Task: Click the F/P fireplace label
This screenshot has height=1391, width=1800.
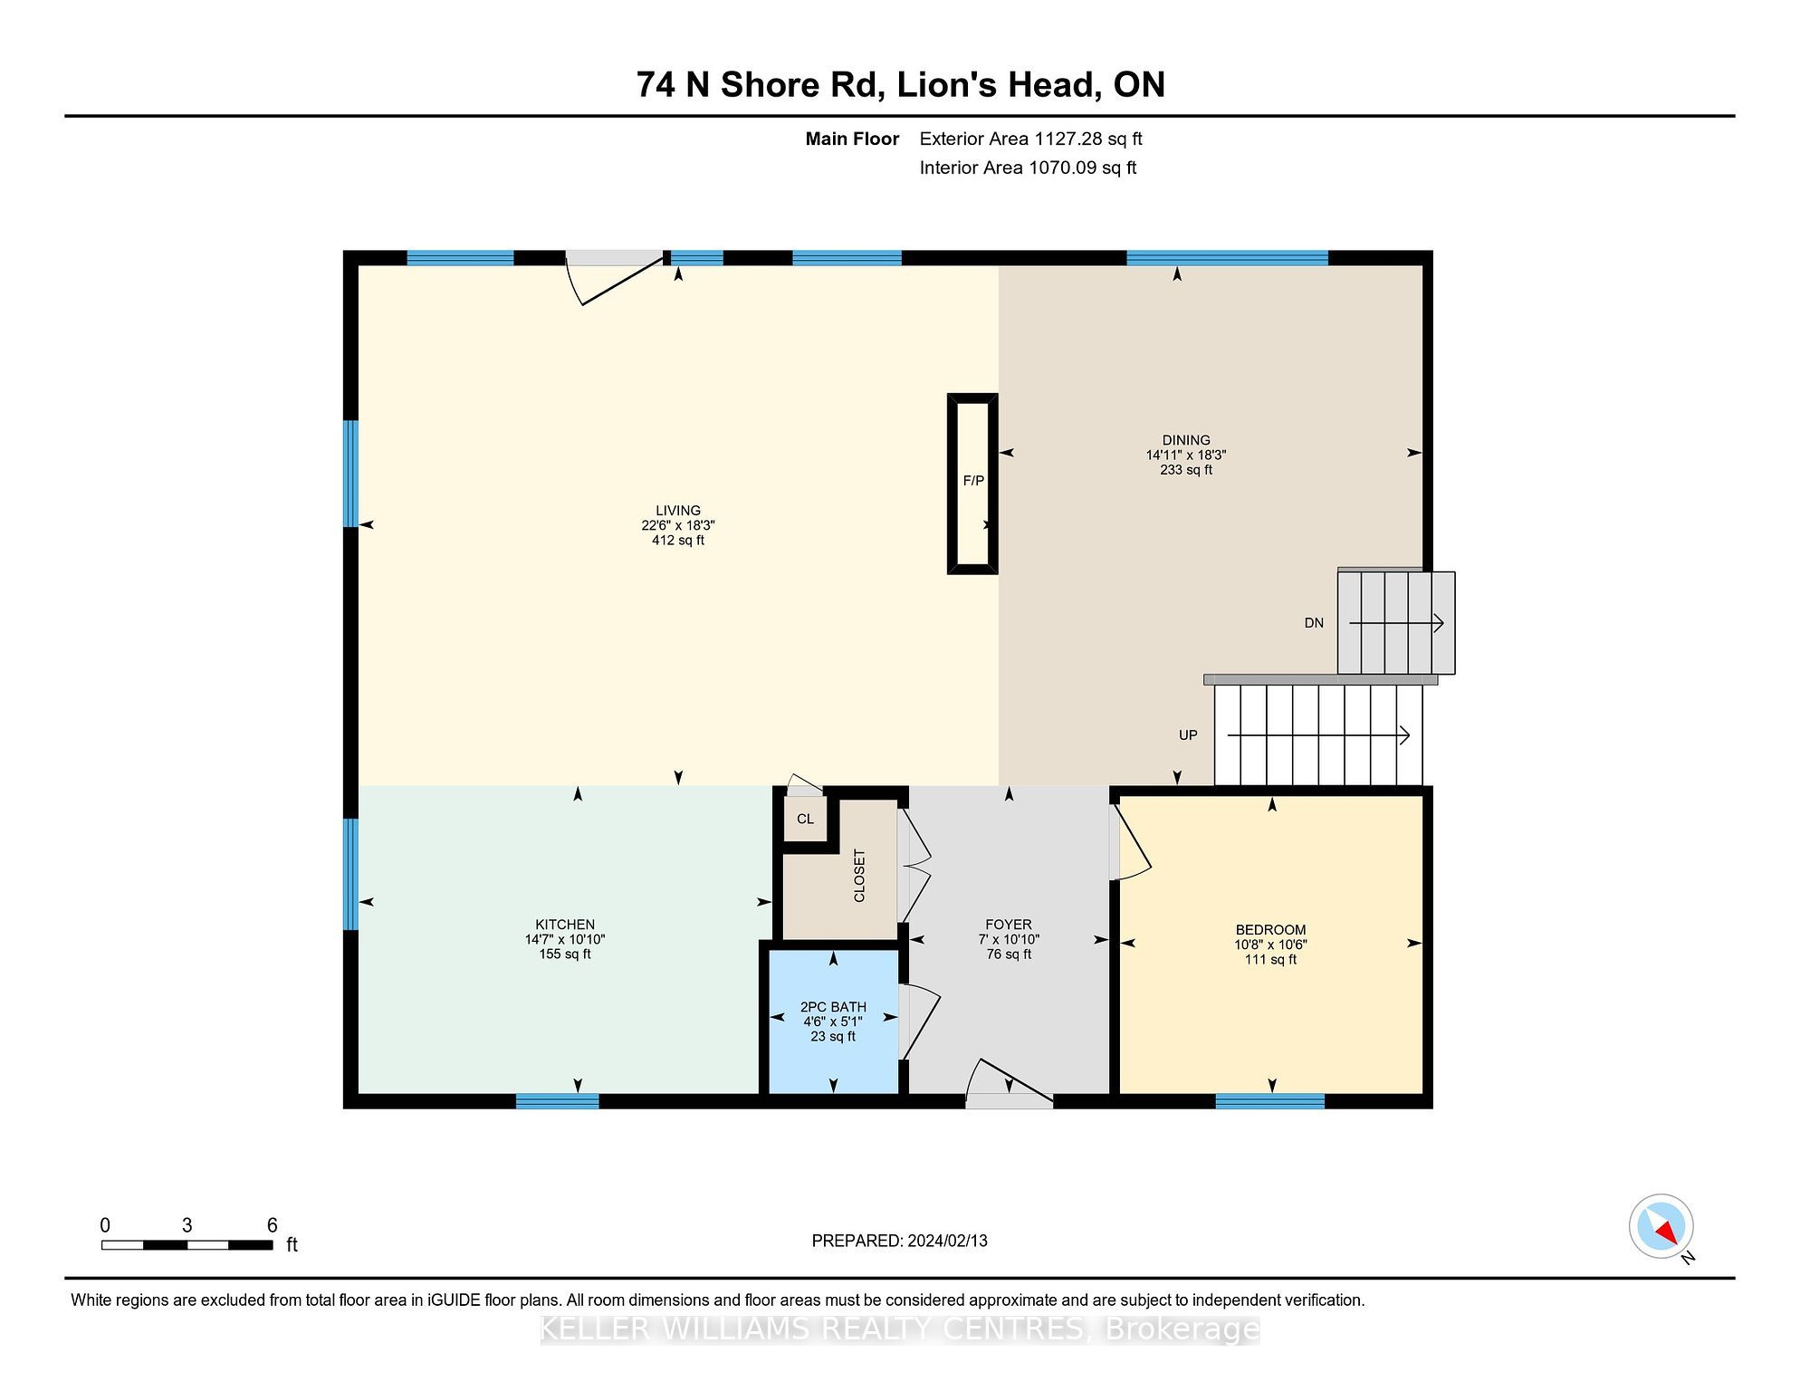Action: (973, 481)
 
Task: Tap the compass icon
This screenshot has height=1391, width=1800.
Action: (1661, 1227)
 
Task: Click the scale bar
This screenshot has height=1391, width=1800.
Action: (187, 1245)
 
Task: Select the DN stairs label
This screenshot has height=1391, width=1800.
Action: (1314, 623)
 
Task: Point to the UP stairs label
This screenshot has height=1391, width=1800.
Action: (1188, 735)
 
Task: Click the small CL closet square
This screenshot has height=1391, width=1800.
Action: (805, 820)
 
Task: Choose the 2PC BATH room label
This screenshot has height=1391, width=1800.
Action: (833, 1007)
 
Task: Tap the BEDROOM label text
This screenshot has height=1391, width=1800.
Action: (1271, 930)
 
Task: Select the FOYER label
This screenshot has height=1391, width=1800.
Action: (1009, 925)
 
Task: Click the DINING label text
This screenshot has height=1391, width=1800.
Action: (1186, 440)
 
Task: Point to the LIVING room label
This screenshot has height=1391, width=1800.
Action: (678, 511)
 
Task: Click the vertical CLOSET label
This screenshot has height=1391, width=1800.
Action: (859, 876)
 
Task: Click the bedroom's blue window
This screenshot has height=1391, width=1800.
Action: (1269, 1101)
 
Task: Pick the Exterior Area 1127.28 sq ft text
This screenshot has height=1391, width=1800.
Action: (1030, 139)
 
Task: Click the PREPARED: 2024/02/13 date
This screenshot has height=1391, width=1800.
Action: (899, 1241)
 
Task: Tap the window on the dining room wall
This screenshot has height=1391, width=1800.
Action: (1227, 258)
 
